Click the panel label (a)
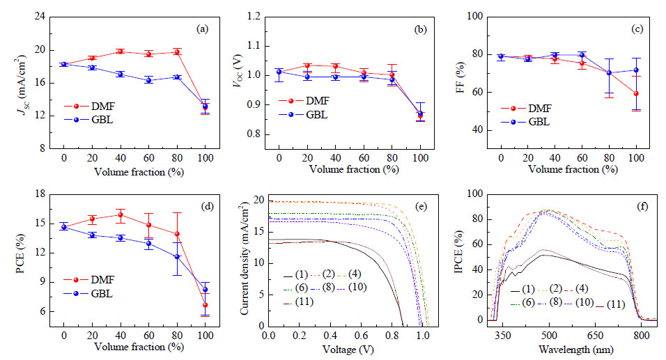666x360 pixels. pos(202,29)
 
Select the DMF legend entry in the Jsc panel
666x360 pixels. pos(89,106)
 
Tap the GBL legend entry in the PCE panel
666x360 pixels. pos(88,293)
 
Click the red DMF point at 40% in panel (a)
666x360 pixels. pos(121,52)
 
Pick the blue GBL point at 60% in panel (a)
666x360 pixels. pos(148,80)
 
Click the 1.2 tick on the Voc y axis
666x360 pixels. pos(254,17)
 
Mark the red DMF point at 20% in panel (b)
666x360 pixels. pos(307,65)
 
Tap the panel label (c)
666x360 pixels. pos(637,29)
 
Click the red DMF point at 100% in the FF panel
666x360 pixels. pos(636,93)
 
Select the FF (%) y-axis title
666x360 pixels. pos(460,77)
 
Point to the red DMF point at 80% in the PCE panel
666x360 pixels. pos(177,234)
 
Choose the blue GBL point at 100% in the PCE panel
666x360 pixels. pos(205,290)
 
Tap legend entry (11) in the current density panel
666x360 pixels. pos(299,302)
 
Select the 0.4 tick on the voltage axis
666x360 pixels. pos(331,336)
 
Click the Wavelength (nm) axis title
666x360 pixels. pos(576,350)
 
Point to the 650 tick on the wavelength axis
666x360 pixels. pos(595,336)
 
